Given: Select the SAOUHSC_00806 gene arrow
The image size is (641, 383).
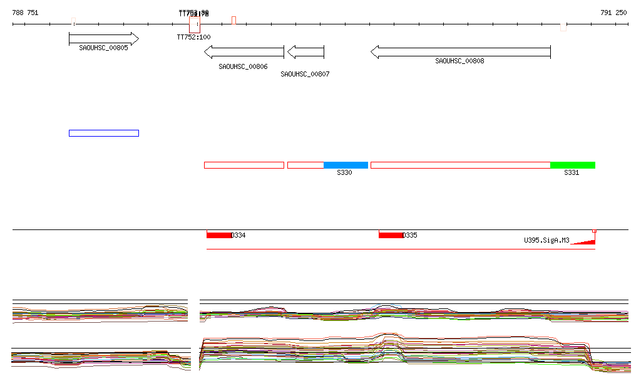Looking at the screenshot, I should coord(244,52).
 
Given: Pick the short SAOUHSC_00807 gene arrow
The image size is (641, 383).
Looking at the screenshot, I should coord(305,52).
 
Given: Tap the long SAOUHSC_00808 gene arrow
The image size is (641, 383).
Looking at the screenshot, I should coord(460,52).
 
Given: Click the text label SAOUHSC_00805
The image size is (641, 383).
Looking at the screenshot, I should coord(103,48).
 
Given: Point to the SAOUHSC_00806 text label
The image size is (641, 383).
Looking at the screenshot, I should coord(243,66).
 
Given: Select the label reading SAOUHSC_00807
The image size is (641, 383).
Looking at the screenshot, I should coord(305,74).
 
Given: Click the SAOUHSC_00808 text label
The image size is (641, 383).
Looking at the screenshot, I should coord(459,61).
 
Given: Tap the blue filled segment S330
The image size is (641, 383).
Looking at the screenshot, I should coord(346,165).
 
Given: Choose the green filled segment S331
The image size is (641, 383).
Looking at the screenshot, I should coord(573,165).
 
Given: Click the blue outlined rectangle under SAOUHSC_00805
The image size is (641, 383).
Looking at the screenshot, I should coord(104,133).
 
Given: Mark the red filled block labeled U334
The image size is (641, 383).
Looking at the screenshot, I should coord(219,235).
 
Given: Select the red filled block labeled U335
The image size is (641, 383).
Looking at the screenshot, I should coord(391,235).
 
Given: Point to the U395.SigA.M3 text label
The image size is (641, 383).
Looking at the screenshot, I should coord(546,240).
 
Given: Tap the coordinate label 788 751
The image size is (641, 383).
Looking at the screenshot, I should coord(25,13).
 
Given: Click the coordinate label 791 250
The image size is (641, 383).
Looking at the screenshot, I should coord(613,13).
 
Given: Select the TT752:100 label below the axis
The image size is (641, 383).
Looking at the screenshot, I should coord(194,37).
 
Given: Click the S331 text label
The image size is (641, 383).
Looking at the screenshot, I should coord(572,173).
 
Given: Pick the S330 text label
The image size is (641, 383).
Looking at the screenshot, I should coord(344,173).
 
